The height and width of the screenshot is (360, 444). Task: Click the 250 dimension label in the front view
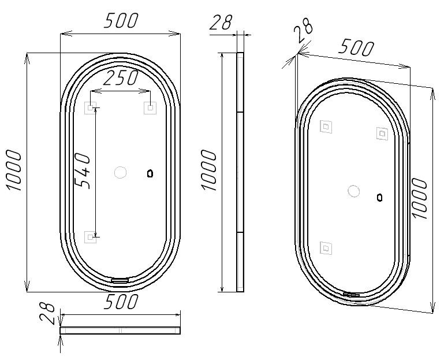pos(121,78)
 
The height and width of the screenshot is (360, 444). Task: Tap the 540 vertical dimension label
pos(83,170)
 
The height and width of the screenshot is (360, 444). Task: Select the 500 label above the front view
pos(121,21)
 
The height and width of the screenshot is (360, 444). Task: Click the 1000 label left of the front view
pos(13,170)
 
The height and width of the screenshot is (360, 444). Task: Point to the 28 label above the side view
pos(221,22)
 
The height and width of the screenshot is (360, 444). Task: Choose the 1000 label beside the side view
pos(208,170)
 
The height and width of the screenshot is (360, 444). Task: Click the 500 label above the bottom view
pos(121,302)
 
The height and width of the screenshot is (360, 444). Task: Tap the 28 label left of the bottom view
pos(47,313)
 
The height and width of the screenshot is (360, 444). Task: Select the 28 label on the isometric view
pos(303,30)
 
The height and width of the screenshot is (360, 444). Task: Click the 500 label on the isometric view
pos(356,47)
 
